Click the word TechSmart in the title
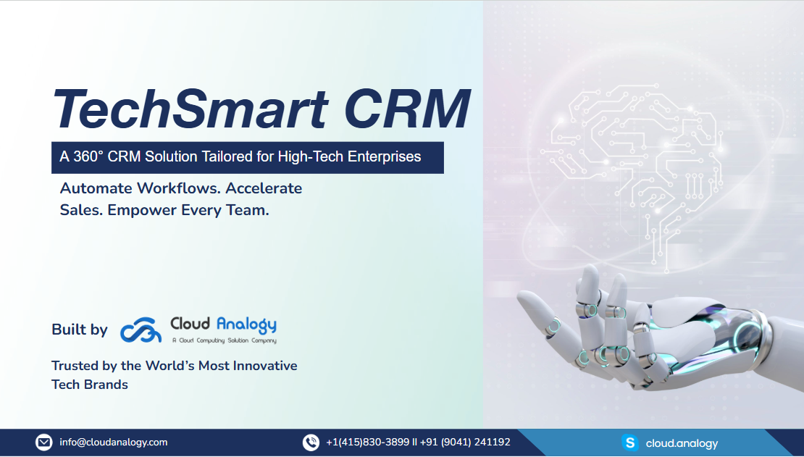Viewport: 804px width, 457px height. (x=190, y=109)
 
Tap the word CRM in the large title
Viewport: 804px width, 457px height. (x=407, y=109)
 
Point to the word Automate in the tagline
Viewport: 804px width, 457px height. (x=96, y=188)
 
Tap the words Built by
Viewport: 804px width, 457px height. (x=80, y=330)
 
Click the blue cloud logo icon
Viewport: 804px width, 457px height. (x=141, y=330)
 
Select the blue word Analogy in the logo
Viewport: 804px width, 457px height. (x=246, y=324)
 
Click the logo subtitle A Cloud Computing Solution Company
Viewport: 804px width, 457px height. (x=224, y=340)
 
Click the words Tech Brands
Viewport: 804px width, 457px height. (x=90, y=385)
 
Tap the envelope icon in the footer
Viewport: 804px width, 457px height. (x=43, y=442)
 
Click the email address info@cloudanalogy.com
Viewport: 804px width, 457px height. (x=113, y=442)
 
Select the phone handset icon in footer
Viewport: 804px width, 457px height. (x=311, y=442)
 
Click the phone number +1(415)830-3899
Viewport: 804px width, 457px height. (x=368, y=442)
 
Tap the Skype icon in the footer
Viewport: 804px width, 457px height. (x=630, y=442)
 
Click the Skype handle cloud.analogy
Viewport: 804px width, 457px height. (x=682, y=444)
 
